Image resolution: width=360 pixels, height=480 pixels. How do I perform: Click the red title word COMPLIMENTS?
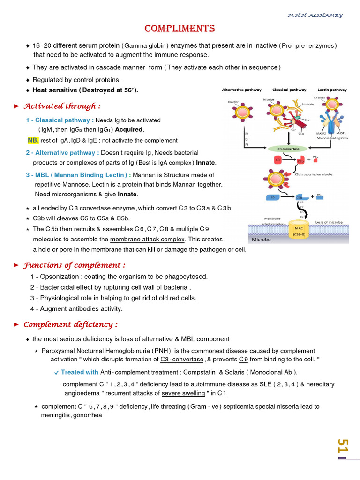[x=180, y=29]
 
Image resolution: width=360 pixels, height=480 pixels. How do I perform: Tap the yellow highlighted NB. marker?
[x=33, y=140]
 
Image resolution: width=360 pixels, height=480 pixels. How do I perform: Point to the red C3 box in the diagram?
[x=278, y=160]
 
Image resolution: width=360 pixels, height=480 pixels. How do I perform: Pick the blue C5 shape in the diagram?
[x=273, y=197]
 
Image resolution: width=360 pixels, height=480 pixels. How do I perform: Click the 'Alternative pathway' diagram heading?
[x=240, y=90]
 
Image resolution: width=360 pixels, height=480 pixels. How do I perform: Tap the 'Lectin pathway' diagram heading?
[x=332, y=90]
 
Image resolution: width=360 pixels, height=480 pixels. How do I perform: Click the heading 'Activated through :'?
[x=62, y=106]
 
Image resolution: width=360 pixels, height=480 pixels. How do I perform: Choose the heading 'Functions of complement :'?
[x=75, y=265]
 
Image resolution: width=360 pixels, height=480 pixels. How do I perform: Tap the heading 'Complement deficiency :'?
[x=70, y=324]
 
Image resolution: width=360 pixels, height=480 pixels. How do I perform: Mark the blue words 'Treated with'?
[x=79, y=372]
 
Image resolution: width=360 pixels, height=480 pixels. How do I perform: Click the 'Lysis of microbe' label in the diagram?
[x=329, y=222]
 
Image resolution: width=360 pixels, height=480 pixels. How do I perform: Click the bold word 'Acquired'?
[x=129, y=129]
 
